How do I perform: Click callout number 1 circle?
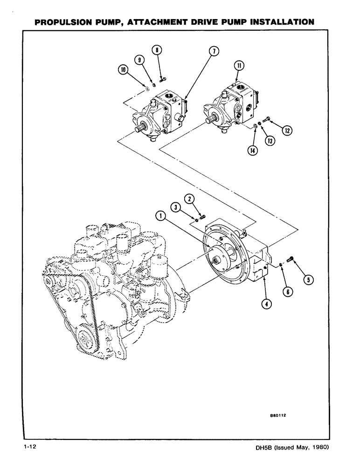pos(159,215)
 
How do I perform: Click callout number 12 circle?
pos(289,131)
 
